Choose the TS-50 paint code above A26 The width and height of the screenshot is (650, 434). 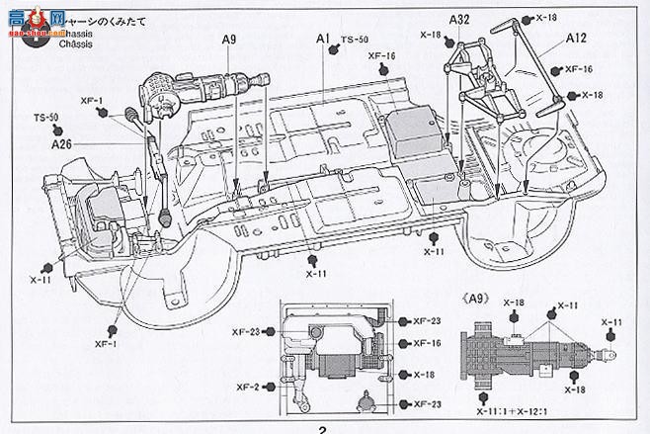pyautogui.click(x=46, y=117)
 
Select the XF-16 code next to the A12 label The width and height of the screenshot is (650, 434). pyautogui.click(x=579, y=68)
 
